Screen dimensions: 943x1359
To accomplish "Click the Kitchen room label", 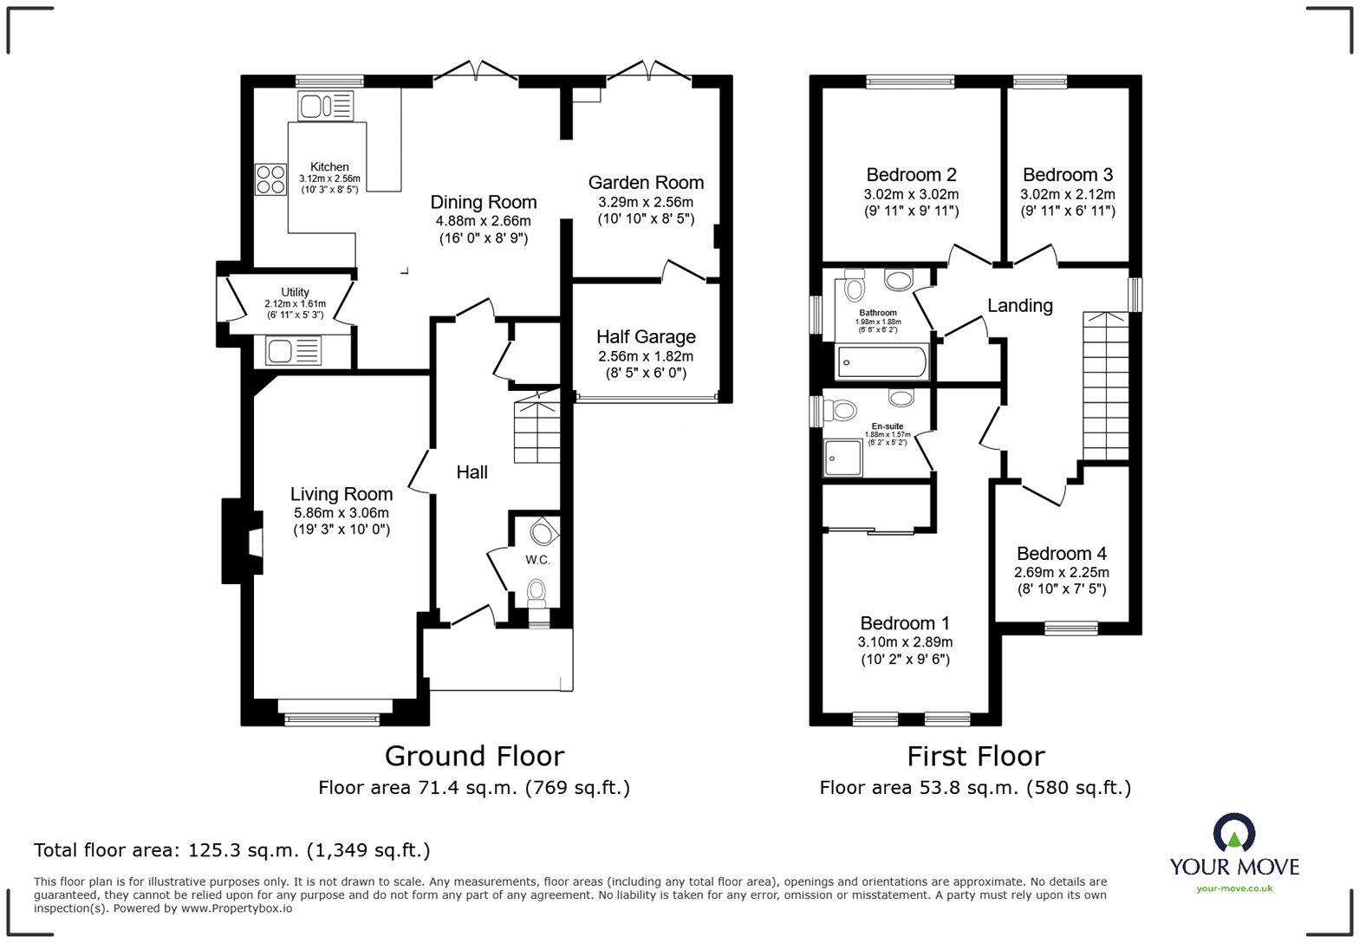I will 329,166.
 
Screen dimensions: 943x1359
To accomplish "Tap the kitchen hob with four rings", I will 270,179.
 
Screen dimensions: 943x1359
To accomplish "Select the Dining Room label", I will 483,202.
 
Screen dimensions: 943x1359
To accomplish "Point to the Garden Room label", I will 646,182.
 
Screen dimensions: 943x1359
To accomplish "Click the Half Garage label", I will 646,336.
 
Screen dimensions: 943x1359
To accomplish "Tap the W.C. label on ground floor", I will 537,560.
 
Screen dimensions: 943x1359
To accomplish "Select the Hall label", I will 471,472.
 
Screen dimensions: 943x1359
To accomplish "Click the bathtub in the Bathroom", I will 882,361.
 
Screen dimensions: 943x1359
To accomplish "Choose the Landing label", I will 1020,305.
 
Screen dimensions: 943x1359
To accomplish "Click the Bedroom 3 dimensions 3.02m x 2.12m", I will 1067,194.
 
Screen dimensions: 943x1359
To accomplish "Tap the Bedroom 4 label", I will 1061,553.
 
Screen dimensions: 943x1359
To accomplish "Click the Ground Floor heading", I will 474,756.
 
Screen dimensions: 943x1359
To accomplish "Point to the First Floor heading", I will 975,756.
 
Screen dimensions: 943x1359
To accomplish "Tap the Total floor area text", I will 231,850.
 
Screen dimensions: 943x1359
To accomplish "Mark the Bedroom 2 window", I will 910,82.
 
